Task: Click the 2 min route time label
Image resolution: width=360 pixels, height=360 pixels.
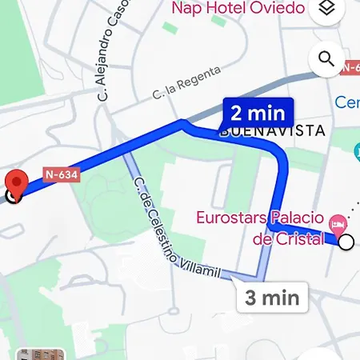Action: [x=258, y=111]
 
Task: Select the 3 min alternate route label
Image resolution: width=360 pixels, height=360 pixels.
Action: [x=272, y=298]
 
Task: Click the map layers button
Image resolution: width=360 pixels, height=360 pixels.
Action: [x=326, y=9]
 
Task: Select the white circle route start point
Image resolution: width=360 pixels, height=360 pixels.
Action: [x=346, y=242]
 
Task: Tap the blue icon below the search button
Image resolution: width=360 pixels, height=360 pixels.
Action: [x=358, y=150]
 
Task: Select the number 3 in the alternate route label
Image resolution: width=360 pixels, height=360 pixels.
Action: [x=250, y=298]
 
